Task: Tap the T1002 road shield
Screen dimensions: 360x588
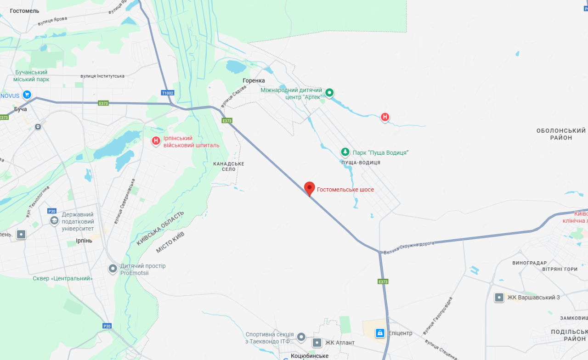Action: tap(168, 93)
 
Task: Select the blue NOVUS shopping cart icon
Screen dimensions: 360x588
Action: tap(27, 95)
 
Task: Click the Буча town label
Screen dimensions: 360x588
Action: tap(21, 109)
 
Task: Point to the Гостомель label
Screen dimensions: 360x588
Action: tap(24, 11)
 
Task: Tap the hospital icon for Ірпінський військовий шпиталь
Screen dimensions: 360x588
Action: tap(156, 141)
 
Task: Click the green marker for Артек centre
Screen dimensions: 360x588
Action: tap(329, 93)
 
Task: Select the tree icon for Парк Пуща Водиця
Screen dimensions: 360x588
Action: tap(345, 152)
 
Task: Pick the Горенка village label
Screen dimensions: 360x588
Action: tap(254, 80)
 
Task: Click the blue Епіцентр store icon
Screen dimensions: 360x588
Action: tap(380, 333)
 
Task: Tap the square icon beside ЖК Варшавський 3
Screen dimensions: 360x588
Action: tap(499, 298)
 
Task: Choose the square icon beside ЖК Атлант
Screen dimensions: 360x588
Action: tap(317, 343)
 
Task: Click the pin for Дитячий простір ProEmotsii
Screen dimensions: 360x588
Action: tap(113, 269)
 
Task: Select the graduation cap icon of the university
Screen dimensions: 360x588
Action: tap(54, 221)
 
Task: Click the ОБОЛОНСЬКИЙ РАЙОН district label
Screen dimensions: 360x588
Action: tap(561, 134)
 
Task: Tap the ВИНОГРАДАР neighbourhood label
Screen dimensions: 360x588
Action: tap(530, 263)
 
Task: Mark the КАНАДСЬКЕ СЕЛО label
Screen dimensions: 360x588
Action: tap(229, 166)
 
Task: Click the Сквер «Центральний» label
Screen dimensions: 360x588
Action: tap(62, 278)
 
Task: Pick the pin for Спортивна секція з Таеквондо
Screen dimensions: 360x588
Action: tap(301, 337)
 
